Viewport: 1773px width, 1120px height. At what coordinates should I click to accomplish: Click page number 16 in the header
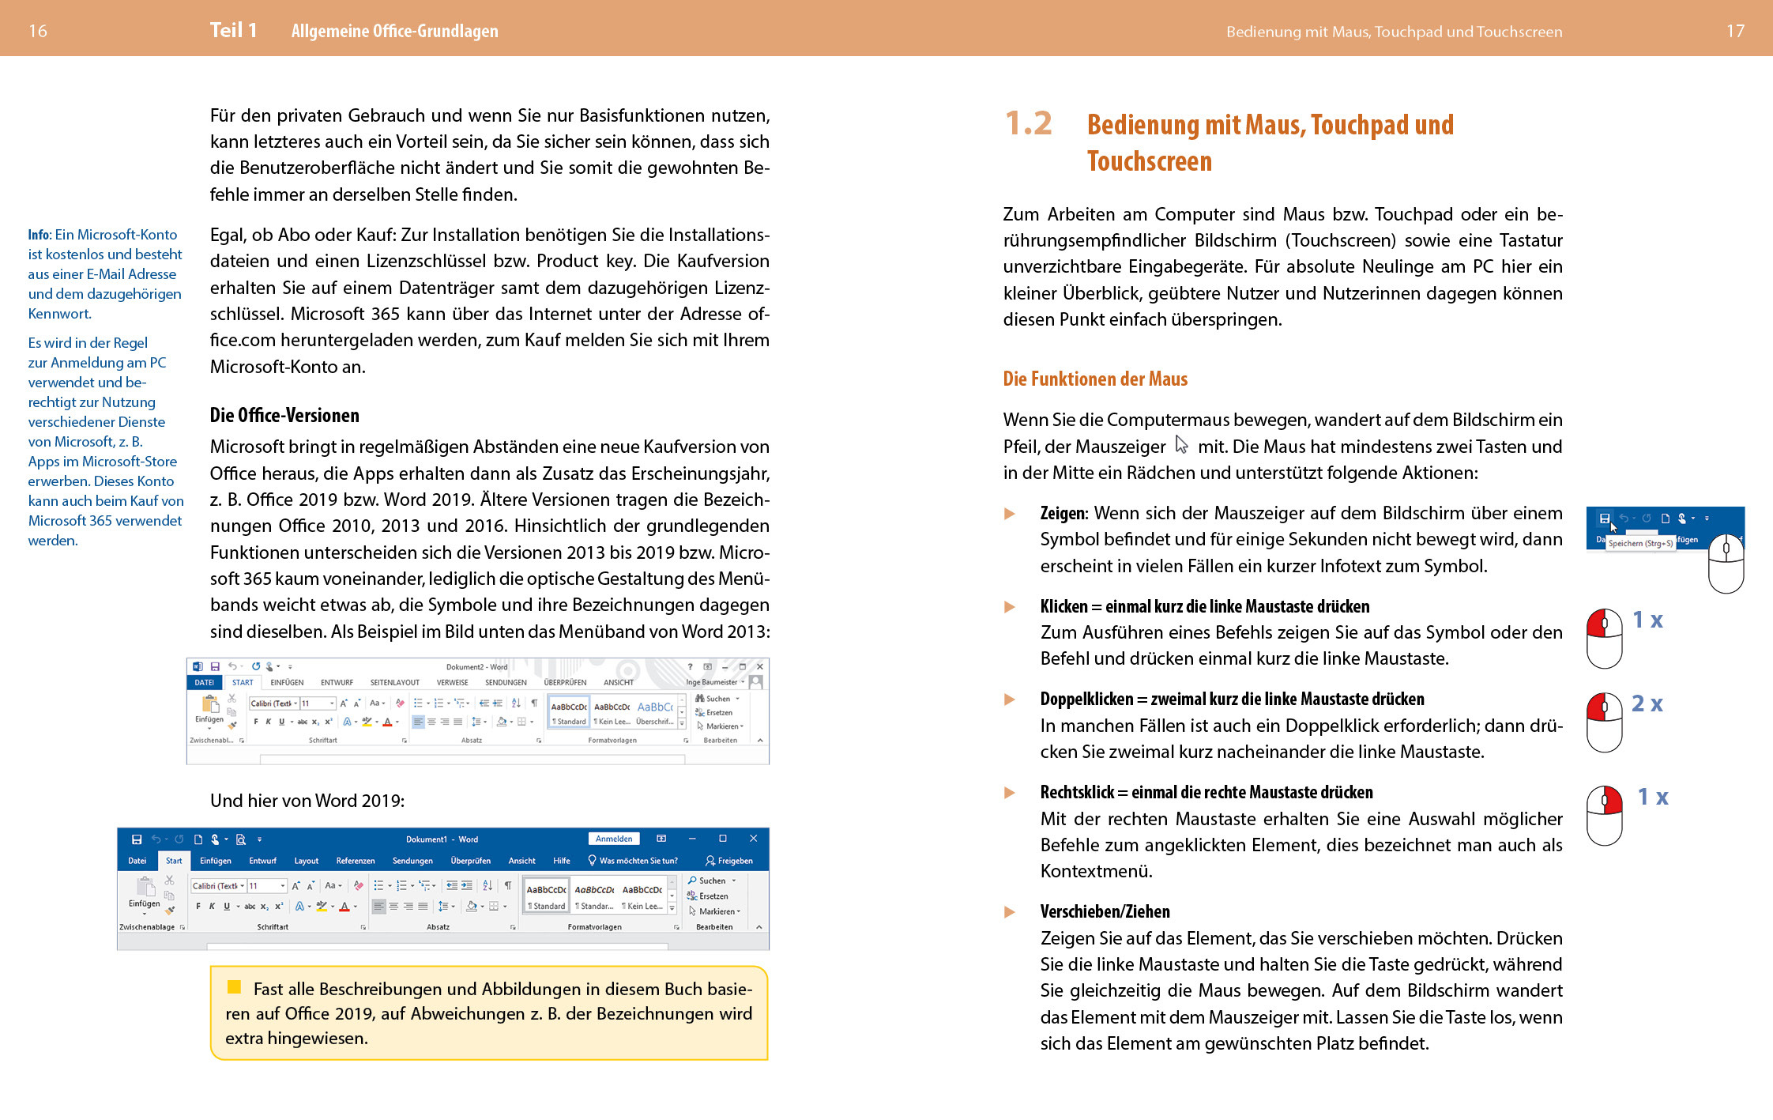coord(38,31)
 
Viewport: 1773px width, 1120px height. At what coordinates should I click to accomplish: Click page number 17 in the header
coord(1735,31)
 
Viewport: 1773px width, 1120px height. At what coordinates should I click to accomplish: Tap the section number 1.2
coord(1028,123)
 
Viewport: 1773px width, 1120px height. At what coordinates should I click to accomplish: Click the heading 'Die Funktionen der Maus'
coord(1095,379)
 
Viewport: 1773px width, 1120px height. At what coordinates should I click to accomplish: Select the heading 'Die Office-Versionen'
coord(284,415)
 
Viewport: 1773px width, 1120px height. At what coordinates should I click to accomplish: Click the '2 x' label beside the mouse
coord(1647,703)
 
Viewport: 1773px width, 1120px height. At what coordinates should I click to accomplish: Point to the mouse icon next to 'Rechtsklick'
coord(1605,815)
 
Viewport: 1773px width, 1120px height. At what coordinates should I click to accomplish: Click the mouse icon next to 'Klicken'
coord(1605,638)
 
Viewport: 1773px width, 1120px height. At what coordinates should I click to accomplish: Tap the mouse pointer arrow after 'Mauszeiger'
coord(1181,445)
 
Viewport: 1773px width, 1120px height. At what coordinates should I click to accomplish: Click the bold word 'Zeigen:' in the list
coord(1063,513)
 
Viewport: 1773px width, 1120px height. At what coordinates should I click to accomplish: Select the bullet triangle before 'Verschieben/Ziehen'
coord(1009,911)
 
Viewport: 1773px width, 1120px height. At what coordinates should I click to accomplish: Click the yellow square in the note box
coord(234,986)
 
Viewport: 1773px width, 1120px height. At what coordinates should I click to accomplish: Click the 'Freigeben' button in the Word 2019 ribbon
coord(729,861)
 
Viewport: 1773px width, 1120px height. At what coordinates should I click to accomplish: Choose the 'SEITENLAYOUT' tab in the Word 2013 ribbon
coord(394,682)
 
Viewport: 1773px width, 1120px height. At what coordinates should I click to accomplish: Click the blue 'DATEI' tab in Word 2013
coord(204,682)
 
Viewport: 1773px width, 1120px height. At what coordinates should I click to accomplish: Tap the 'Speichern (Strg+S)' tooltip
coord(1640,543)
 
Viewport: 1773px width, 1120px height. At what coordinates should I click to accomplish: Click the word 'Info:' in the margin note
coord(40,235)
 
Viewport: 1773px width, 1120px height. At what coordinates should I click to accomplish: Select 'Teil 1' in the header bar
coord(233,31)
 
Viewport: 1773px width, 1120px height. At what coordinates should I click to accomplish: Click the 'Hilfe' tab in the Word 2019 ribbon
coord(562,861)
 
